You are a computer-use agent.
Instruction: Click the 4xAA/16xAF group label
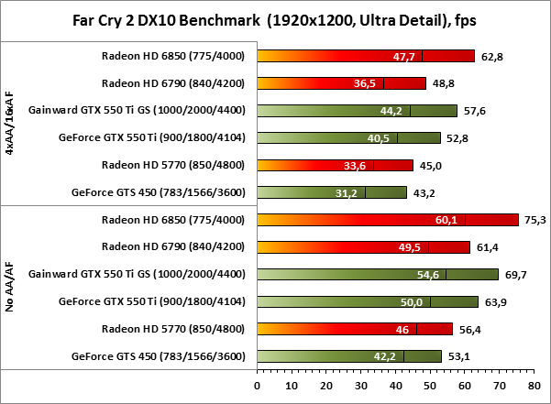[x=10, y=124]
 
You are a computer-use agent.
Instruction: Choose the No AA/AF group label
[x=10, y=288]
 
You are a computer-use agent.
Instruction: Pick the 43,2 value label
[x=425, y=193]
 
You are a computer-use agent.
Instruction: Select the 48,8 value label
[x=445, y=83]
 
